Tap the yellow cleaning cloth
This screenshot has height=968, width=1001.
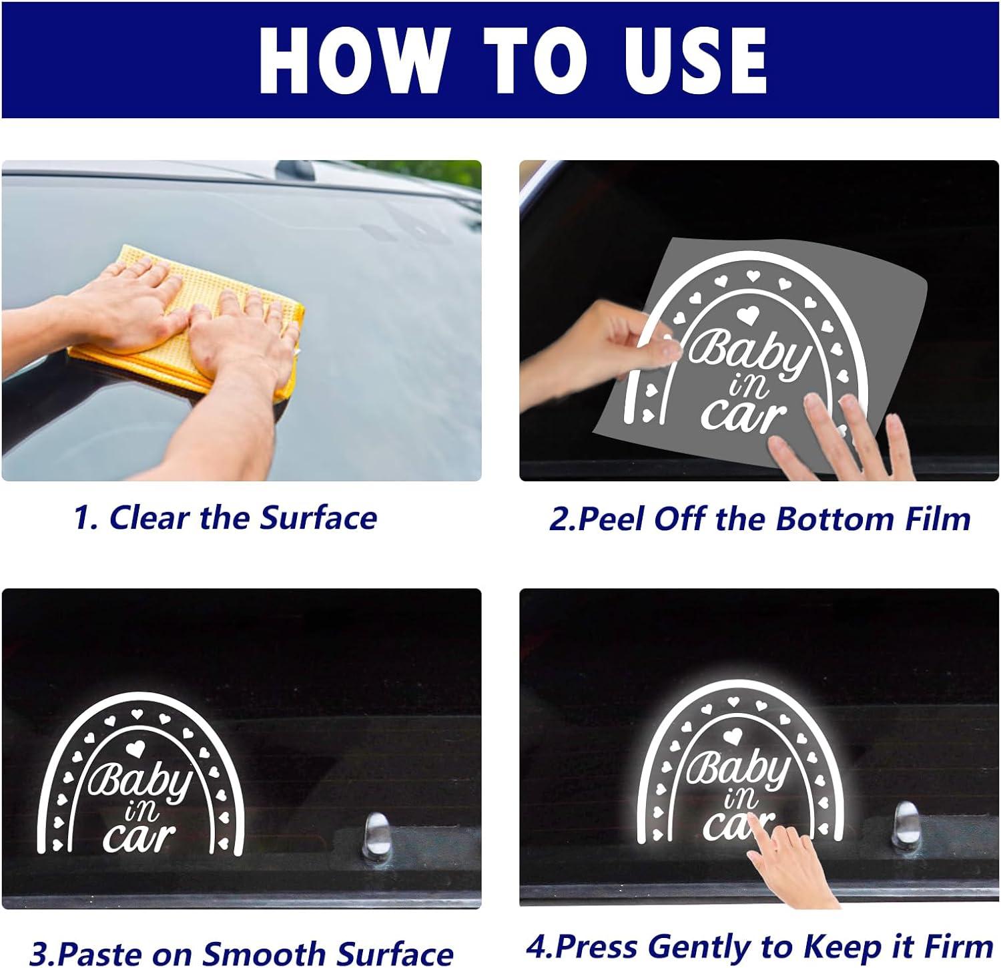(x=187, y=320)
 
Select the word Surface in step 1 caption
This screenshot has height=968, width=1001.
(x=318, y=517)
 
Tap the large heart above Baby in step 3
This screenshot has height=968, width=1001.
(x=135, y=748)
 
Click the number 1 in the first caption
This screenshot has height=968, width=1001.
(x=83, y=517)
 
